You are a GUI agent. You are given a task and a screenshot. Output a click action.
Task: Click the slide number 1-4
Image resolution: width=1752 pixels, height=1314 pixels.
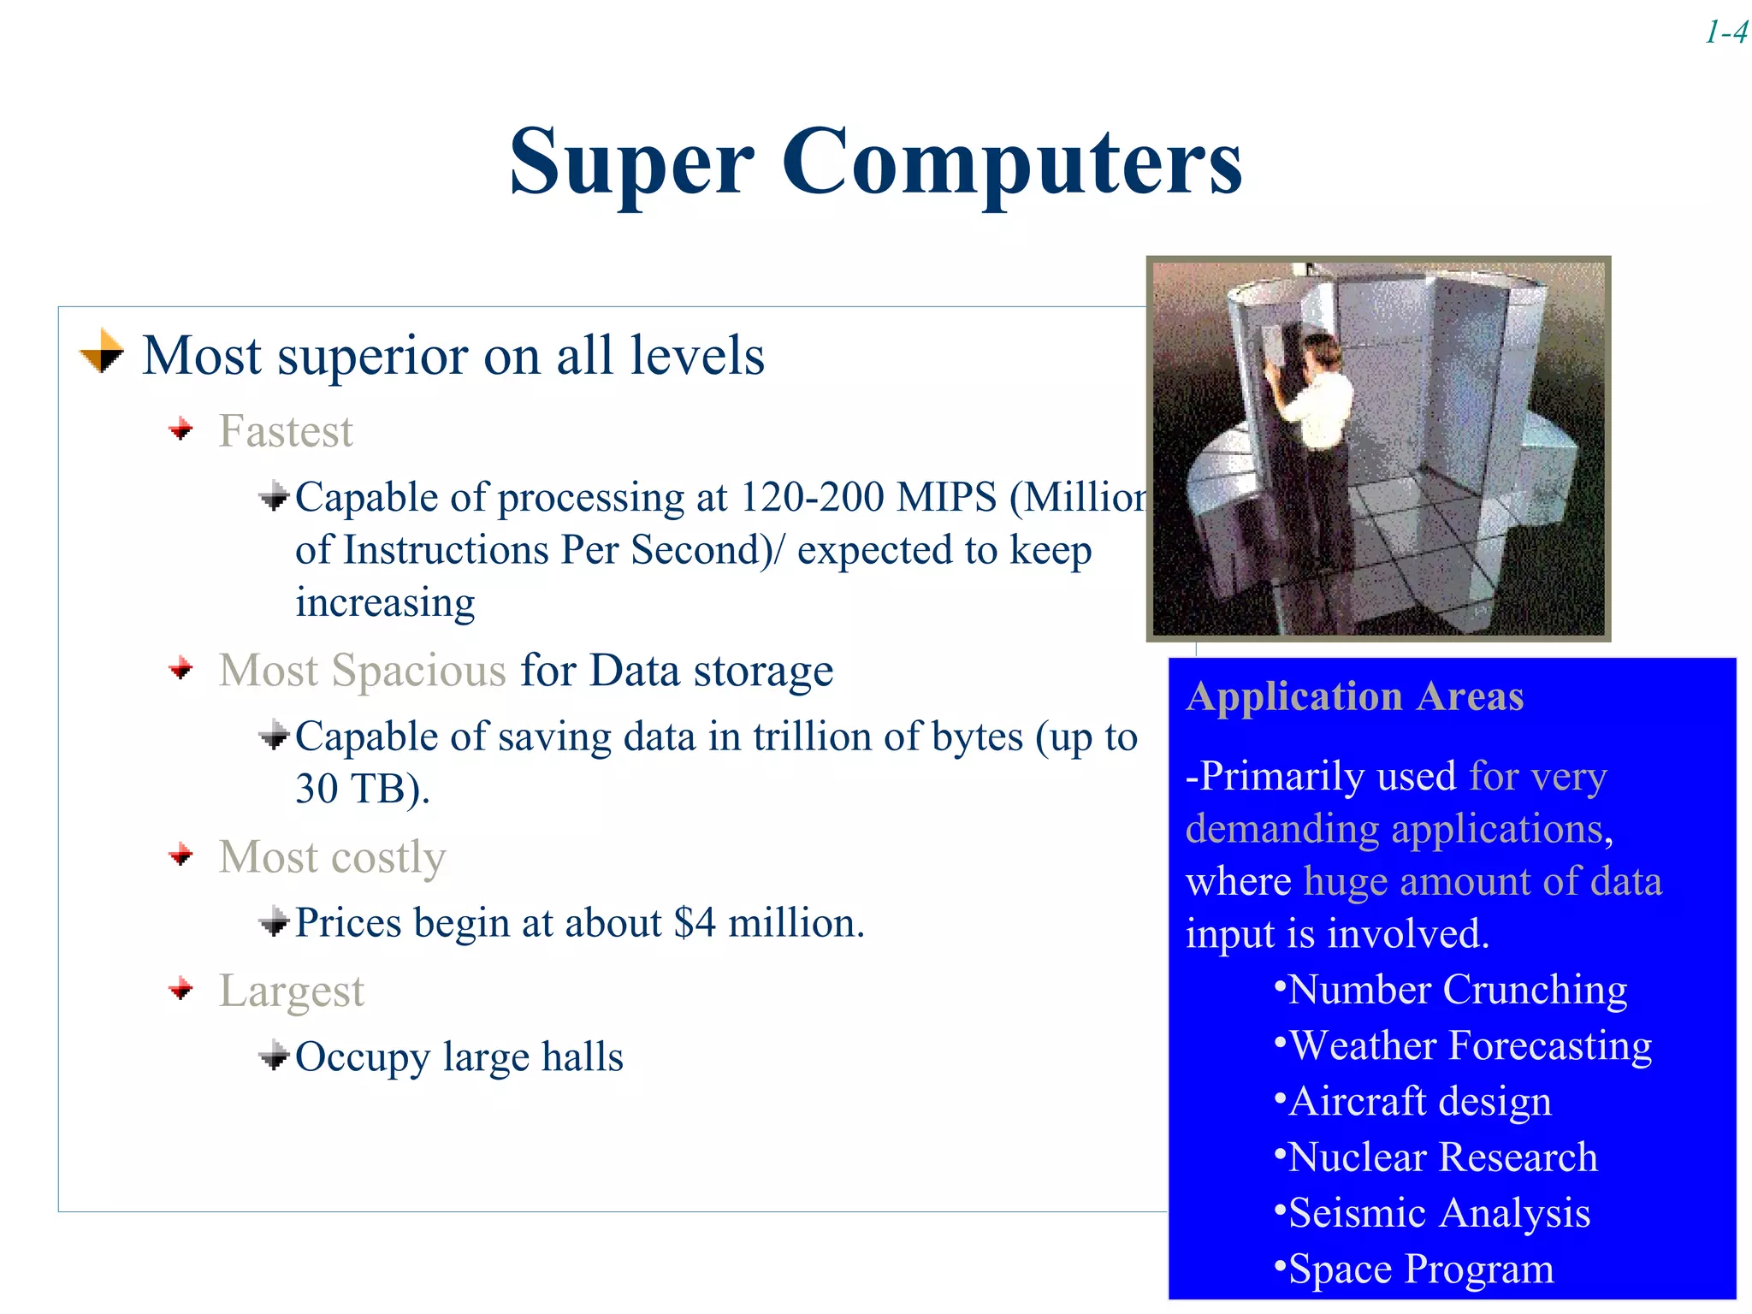pos(1725,33)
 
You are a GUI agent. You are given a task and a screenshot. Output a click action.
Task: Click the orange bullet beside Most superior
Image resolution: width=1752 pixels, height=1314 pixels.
pos(102,352)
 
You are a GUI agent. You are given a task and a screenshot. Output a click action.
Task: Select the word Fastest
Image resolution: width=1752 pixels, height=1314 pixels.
pos(285,431)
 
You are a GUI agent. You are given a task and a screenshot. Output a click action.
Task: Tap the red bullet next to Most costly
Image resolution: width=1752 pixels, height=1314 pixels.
pos(181,854)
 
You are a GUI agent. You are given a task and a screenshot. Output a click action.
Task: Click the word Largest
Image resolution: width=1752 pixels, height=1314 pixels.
pos(291,991)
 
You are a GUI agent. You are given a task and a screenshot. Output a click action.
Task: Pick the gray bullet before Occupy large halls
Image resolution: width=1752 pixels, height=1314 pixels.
pos(274,1055)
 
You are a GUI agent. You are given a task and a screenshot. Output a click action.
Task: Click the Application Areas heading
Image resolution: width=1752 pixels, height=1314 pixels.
pos(1354,696)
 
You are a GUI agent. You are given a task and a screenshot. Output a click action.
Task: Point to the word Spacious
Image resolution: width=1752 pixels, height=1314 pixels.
pos(418,670)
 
